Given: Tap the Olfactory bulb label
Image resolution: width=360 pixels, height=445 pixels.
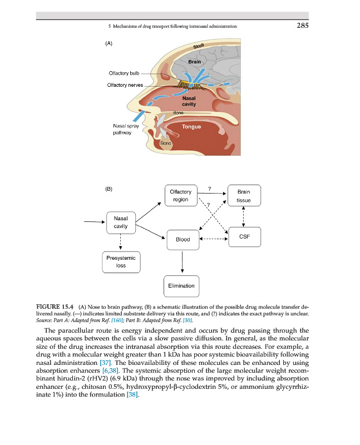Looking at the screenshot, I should (123, 73).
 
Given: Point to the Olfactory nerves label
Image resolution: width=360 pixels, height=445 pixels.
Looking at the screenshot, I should (125, 85).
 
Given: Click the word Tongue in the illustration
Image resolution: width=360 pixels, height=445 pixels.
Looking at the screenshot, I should (191, 127).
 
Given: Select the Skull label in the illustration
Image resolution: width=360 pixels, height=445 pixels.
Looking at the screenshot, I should (200, 45).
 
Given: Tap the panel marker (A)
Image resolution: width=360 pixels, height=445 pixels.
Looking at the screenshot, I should (109, 42).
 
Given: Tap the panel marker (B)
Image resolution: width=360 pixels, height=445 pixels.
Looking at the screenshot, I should (109, 189).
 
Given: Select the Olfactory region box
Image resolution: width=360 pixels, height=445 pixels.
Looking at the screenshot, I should (181, 196).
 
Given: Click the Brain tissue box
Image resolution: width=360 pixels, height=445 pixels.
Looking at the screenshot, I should (243, 196).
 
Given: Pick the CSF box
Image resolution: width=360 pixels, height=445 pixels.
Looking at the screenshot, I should (243, 237).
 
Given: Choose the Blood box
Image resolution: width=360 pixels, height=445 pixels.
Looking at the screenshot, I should (183, 240).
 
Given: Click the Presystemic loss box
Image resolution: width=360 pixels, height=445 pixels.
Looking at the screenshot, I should (121, 261).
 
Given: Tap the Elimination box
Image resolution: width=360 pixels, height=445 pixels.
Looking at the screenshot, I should (181, 286).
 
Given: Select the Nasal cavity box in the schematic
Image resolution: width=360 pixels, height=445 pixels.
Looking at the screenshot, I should (121, 222).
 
